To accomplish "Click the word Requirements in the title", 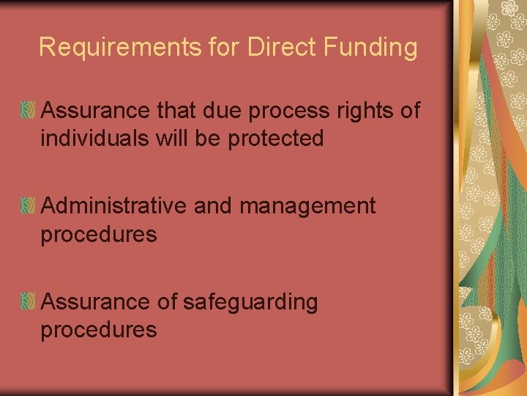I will pos(119,48).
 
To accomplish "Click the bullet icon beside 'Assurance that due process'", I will pos(29,111).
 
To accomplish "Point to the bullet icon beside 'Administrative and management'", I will pos(29,207).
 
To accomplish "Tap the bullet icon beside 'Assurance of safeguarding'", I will pos(29,302).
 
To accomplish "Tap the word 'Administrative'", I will pos(114,206).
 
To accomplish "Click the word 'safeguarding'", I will pos(251,302).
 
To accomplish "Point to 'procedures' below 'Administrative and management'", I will pos(99,235).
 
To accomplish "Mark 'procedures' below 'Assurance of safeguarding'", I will pos(99,330).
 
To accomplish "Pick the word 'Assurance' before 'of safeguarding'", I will pos(96,302).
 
